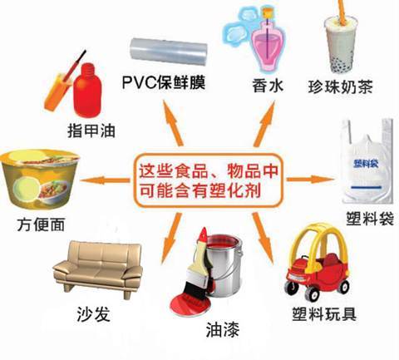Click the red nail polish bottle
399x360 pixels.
[x=87, y=91]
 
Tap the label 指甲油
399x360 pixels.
[x=91, y=131]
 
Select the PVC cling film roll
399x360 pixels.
[x=169, y=52]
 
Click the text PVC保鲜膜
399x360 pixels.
[x=164, y=82]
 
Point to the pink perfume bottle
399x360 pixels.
[x=267, y=47]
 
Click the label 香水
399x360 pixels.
[x=268, y=85]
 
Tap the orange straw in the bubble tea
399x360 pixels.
[x=342, y=12]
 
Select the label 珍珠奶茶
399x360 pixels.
[x=340, y=86]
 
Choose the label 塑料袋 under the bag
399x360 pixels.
[x=370, y=219]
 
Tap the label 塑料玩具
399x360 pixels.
[x=324, y=313]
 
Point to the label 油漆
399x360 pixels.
[x=223, y=330]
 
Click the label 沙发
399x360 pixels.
[x=93, y=314]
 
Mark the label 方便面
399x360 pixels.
[x=41, y=224]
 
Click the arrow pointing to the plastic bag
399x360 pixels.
[x=310, y=180]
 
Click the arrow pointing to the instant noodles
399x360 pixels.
[x=105, y=180]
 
